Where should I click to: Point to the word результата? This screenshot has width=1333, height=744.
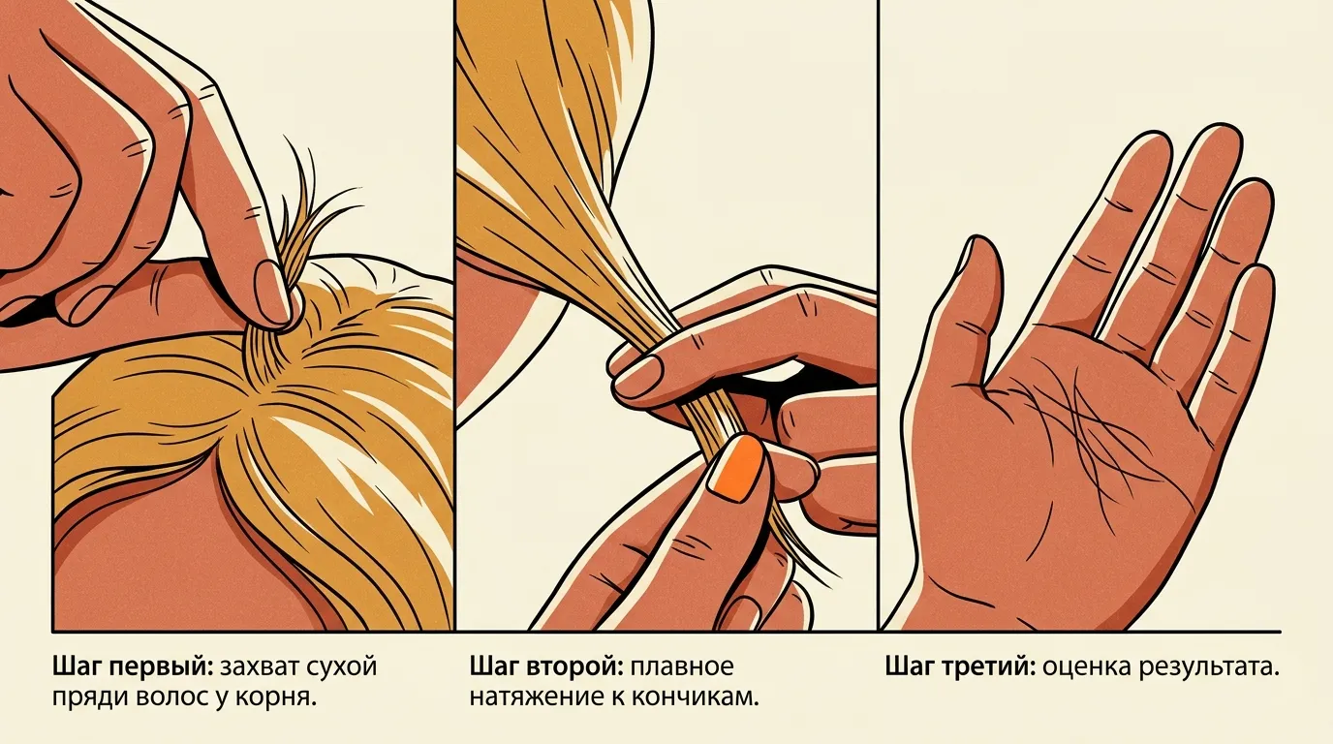point(1209,667)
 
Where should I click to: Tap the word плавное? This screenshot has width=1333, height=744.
point(682,667)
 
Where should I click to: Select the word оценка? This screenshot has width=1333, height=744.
point(1087,667)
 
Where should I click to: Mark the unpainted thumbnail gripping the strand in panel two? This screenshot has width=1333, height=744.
point(639,375)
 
